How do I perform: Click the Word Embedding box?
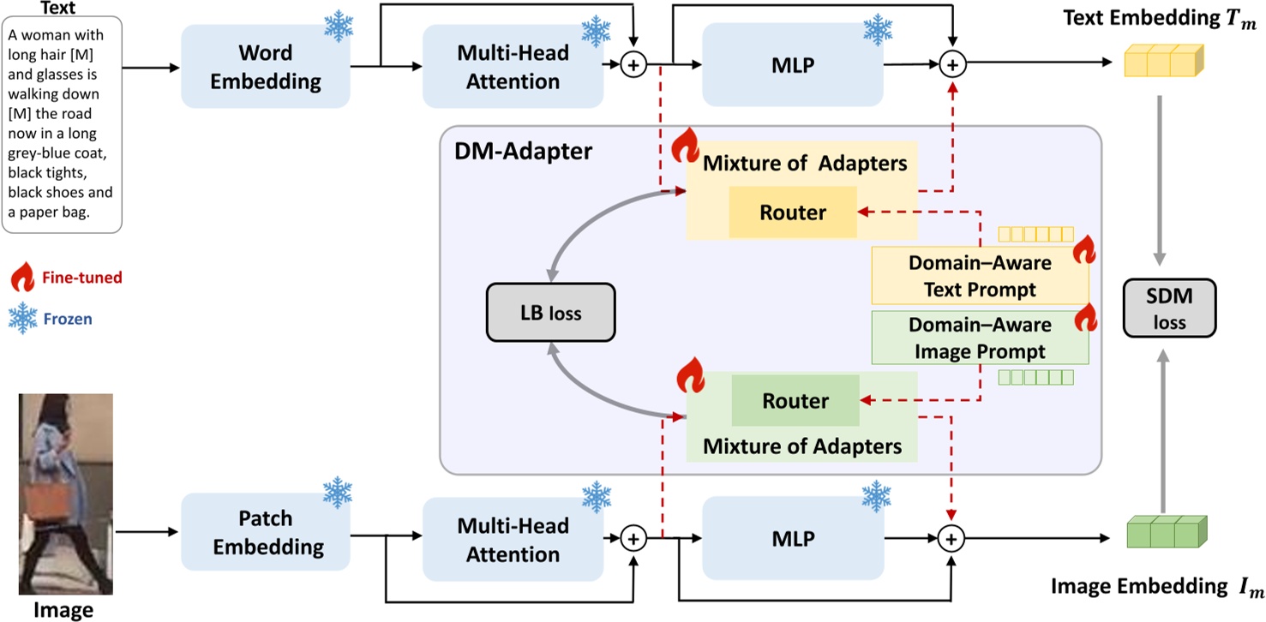click(266, 67)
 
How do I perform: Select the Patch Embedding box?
click(266, 532)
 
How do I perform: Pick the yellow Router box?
click(793, 212)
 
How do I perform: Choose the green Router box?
click(795, 401)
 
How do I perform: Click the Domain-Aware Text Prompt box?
click(980, 277)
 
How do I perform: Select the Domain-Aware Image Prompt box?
click(980, 338)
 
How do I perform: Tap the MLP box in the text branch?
click(792, 65)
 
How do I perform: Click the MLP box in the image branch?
click(792, 539)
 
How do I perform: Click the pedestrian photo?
click(66, 494)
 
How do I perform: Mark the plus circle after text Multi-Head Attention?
click(633, 65)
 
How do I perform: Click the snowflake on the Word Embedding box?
click(338, 26)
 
